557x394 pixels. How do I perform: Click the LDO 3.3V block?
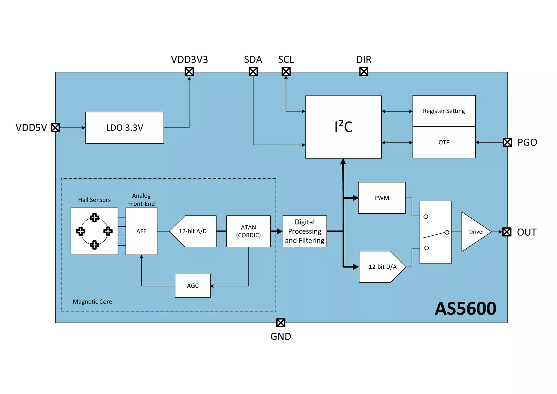pyautogui.click(x=124, y=128)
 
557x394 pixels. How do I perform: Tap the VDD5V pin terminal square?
pyautogui.click(x=55, y=128)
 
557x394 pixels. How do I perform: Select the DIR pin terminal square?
pyautogui.click(x=364, y=72)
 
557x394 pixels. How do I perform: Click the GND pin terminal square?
pyautogui.click(x=281, y=323)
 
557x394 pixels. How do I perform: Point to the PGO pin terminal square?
pyautogui.click(x=507, y=142)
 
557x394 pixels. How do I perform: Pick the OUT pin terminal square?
pyautogui.click(x=507, y=232)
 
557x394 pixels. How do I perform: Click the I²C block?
pyautogui.click(x=343, y=127)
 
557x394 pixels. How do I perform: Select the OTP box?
pyautogui.click(x=444, y=142)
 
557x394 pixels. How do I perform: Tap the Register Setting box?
pyautogui.click(x=444, y=111)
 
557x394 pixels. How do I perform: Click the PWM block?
pyautogui.click(x=382, y=198)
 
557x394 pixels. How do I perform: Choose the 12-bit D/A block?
pyautogui.click(x=382, y=267)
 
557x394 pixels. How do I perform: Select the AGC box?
pyautogui.click(x=193, y=286)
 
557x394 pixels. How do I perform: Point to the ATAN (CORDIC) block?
pyautogui.click(x=248, y=231)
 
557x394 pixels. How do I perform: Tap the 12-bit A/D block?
pyautogui.click(x=193, y=231)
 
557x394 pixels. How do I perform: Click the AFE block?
pyautogui.click(x=141, y=231)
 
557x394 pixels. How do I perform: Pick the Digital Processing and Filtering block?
pyautogui.click(x=305, y=231)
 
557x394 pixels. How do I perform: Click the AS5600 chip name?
pyautogui.click(x=465, y=309)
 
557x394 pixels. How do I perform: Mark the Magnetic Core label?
pyautogui.click(x=92, y=302)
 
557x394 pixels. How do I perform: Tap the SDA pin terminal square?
pyautogui.click(x=253, y=72)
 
